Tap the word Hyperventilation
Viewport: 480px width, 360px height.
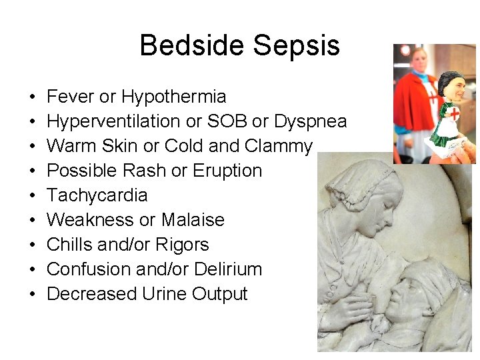[x=113, y=122]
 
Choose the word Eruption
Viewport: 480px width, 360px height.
[x=227, y=171]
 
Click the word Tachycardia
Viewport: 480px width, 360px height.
[x=97, y=196]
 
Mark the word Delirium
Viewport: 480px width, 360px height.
[x=228, y=269]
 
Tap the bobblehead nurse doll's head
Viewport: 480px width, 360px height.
[x=451, y=85]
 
